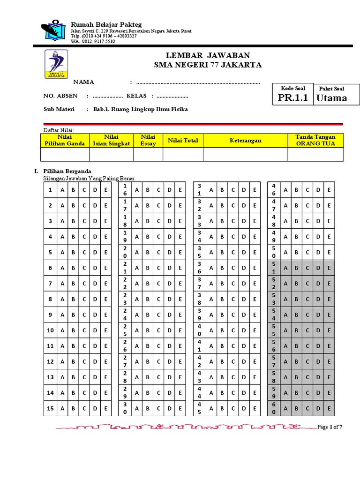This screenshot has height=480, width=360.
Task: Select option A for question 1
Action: [x=62, y=190]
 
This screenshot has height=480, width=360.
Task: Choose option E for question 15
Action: [x=106, y=409]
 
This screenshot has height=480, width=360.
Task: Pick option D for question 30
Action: [x=169, y=409]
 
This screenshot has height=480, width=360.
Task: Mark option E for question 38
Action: [x=255, y=299]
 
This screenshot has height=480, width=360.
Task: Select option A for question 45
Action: [x=210, y=409]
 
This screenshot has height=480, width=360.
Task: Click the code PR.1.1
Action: [x=293, y=97]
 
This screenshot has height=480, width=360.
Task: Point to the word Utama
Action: [x=331, y=98]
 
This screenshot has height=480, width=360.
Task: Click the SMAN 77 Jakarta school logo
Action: [x=56, y=65]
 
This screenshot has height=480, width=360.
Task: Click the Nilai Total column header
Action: [x=183, y=140]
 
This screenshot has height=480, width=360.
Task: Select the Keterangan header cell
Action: [x=245, y=140]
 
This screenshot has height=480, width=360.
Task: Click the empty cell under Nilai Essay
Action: [x=148, y=154]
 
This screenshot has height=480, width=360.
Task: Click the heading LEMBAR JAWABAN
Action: [x=208, y=55]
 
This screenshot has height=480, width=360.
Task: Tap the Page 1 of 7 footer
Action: [x=330, y=427]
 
